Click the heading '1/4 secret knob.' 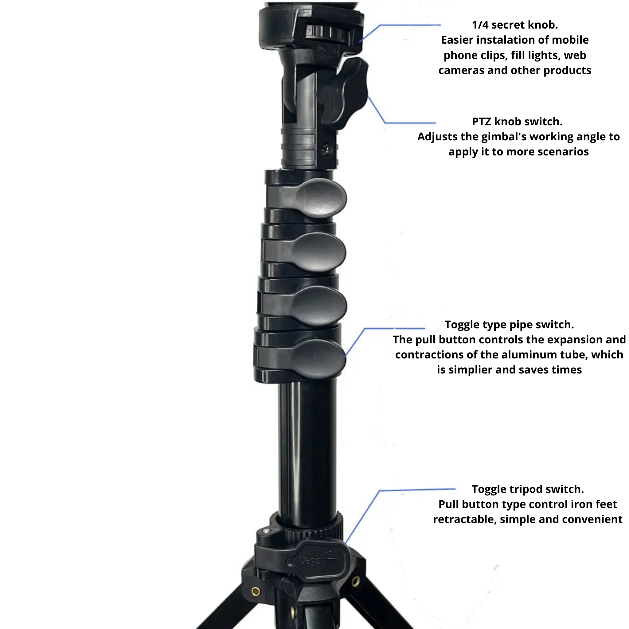515,25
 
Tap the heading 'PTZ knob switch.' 517,121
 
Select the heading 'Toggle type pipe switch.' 509,325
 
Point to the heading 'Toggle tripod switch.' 527,489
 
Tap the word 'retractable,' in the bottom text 465,519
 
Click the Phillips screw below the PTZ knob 326,150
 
